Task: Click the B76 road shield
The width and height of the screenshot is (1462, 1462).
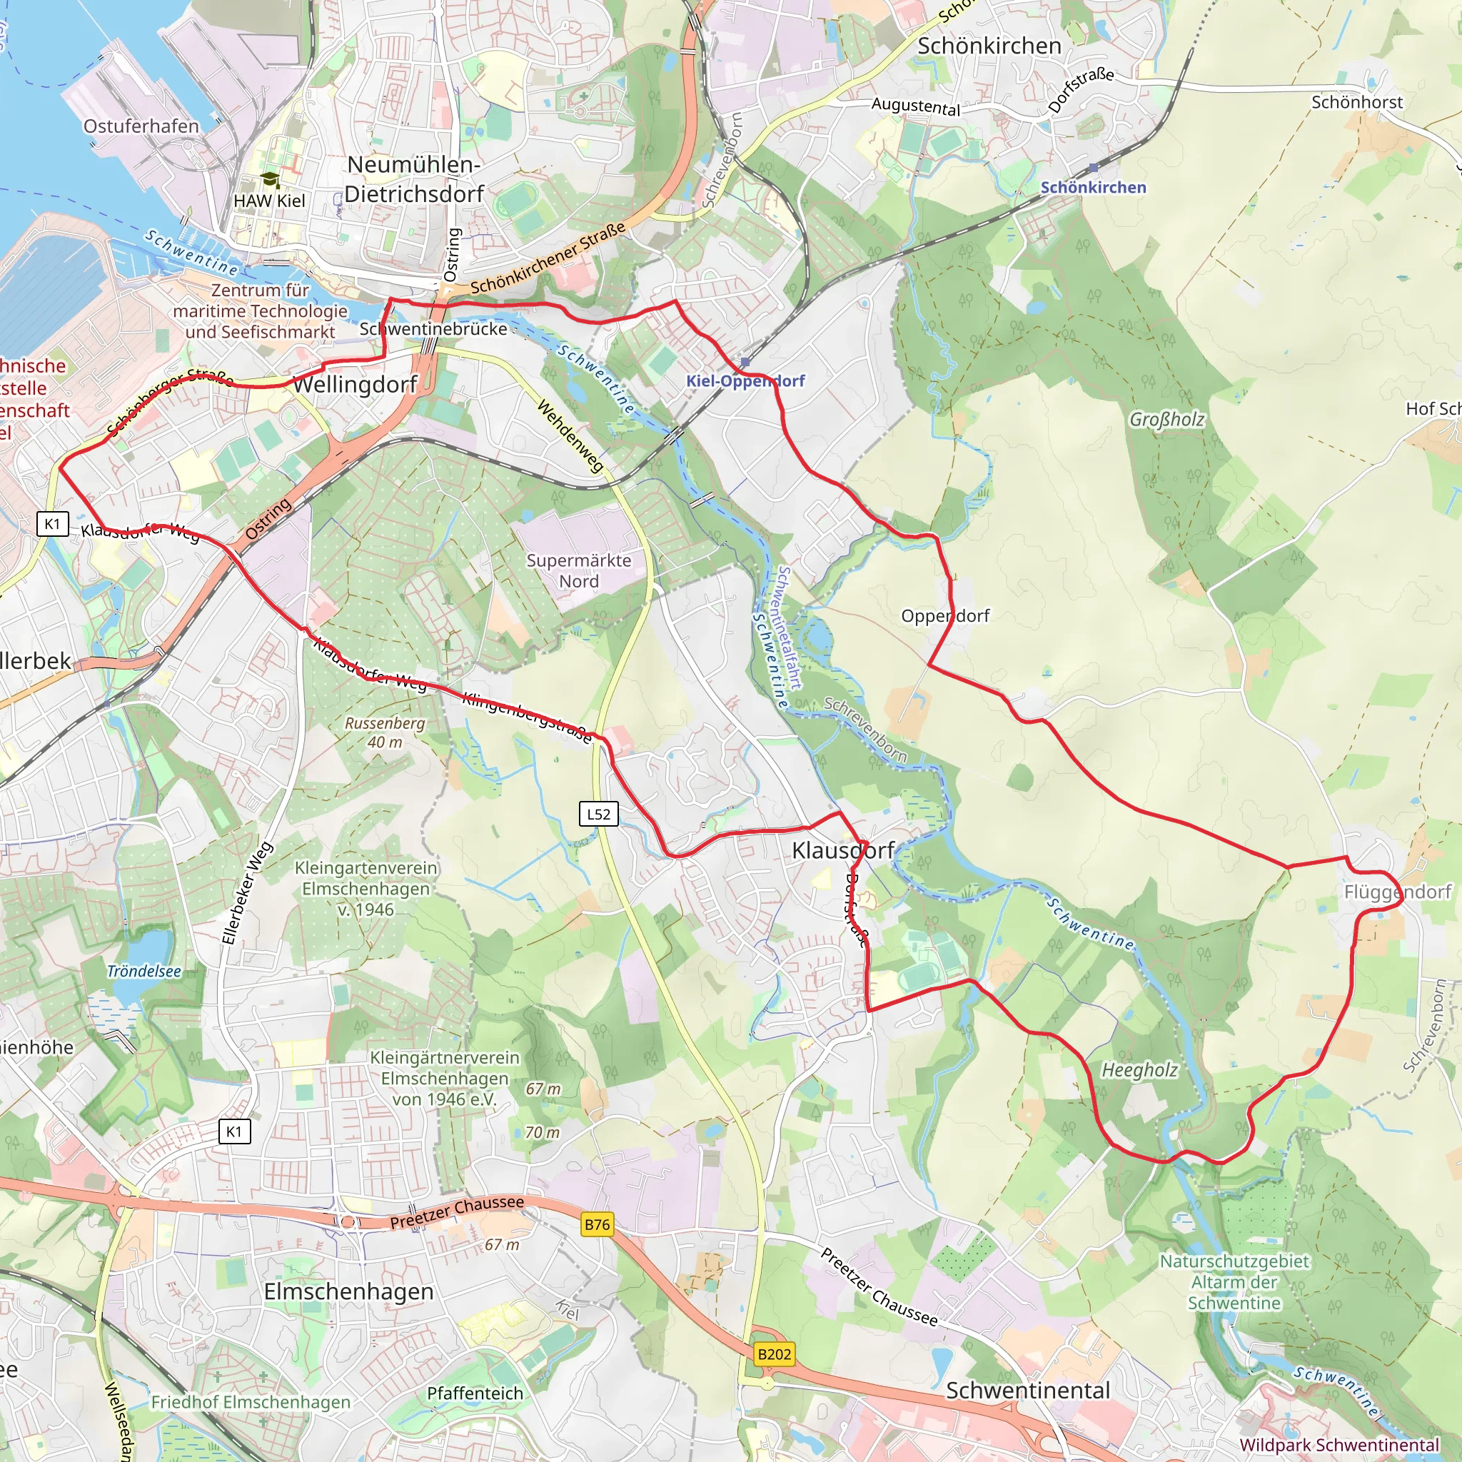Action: pyautogui.click(x=597, y=1224)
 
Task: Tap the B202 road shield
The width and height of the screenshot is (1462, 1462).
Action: pyautogui.click(x=774, y=1353)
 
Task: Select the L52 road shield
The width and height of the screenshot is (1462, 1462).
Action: pyautogui.click(x=598, y=815)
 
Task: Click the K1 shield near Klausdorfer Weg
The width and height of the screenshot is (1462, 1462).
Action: pyautogui.click(x=52, y=524)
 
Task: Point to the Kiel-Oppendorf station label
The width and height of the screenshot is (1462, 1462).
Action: pyautogui.click(x=745, y=380)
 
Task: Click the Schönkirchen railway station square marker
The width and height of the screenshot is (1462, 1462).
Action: pyautogui.click(x=1093, y=168)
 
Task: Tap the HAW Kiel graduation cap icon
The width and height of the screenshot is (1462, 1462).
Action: pyautogui.click(x=270, y=180)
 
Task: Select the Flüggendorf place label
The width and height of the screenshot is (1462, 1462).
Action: pyautogui.click(x=1397, y=892)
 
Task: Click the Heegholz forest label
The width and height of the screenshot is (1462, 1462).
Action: pyautogui.click(x=1139, y=1070)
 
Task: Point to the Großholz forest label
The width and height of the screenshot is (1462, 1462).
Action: pyautogui.click(x=1166, y=419)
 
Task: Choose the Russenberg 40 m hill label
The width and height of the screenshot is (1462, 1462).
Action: pyautogui.click(x=385, y=732)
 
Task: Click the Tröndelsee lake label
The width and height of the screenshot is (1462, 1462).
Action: pyautogui.click(x=143, y=972)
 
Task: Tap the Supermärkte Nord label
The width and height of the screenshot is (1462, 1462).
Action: pyautogui.click(x=579, y=570)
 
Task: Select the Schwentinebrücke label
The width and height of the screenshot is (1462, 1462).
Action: pyautogui.click(x=433, y=329)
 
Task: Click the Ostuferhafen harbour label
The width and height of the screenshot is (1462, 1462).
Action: pyautogui.click(x=141, y=126)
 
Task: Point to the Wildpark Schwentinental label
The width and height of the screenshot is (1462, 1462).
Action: pyautogui.click(x=1339, y=1446)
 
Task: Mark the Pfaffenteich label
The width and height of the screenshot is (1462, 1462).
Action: pyautogui.click(x=475, y=1393)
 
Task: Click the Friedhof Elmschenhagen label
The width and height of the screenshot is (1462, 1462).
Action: pyautogui.click(x=251, y=1402)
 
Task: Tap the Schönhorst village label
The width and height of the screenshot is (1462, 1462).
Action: pyautogui.click(x=1357, y=102)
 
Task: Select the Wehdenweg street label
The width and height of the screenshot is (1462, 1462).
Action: pyautogui.click(x=570, y=437)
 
